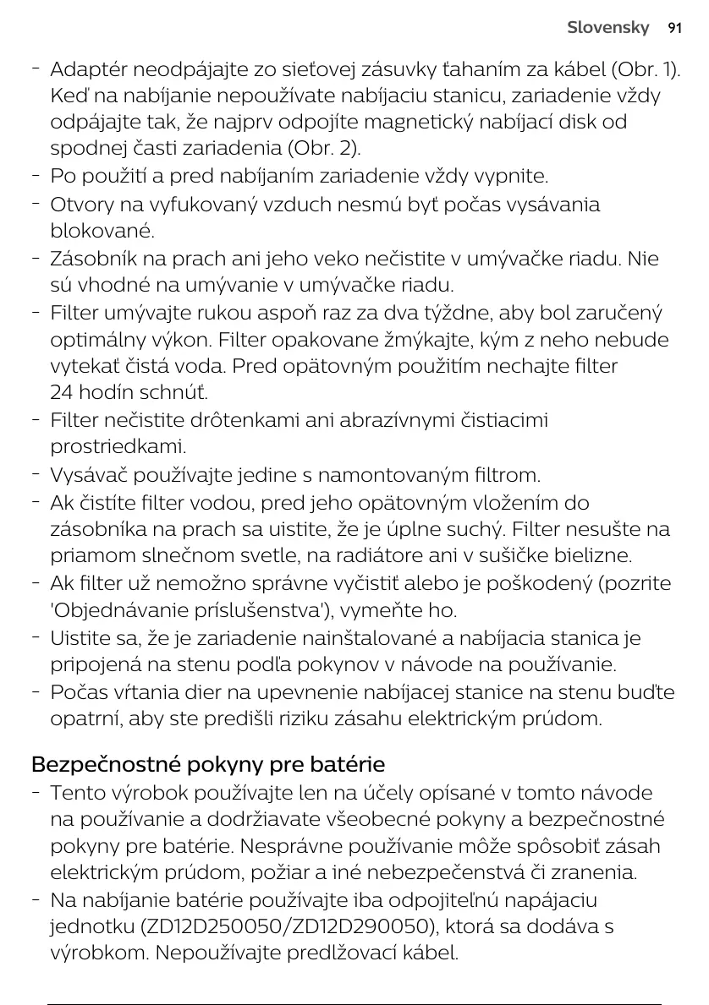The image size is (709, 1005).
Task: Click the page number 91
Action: [674, 28]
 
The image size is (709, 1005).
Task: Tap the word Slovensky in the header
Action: [608, 28]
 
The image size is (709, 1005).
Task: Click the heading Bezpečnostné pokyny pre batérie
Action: [208, 765]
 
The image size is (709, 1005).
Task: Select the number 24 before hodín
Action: [63, 393]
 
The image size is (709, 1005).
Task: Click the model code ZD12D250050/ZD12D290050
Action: [287, 926]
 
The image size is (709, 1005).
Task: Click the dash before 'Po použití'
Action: [35, 177]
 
